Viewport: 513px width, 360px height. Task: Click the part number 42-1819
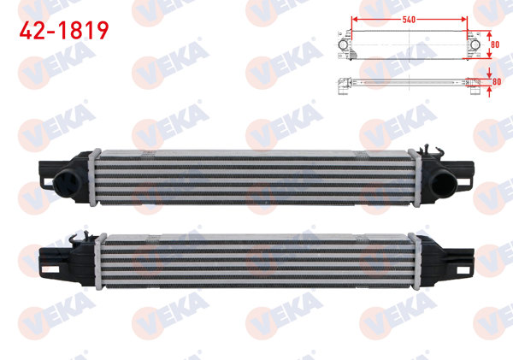pyautogui.click(x=65, y=32)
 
